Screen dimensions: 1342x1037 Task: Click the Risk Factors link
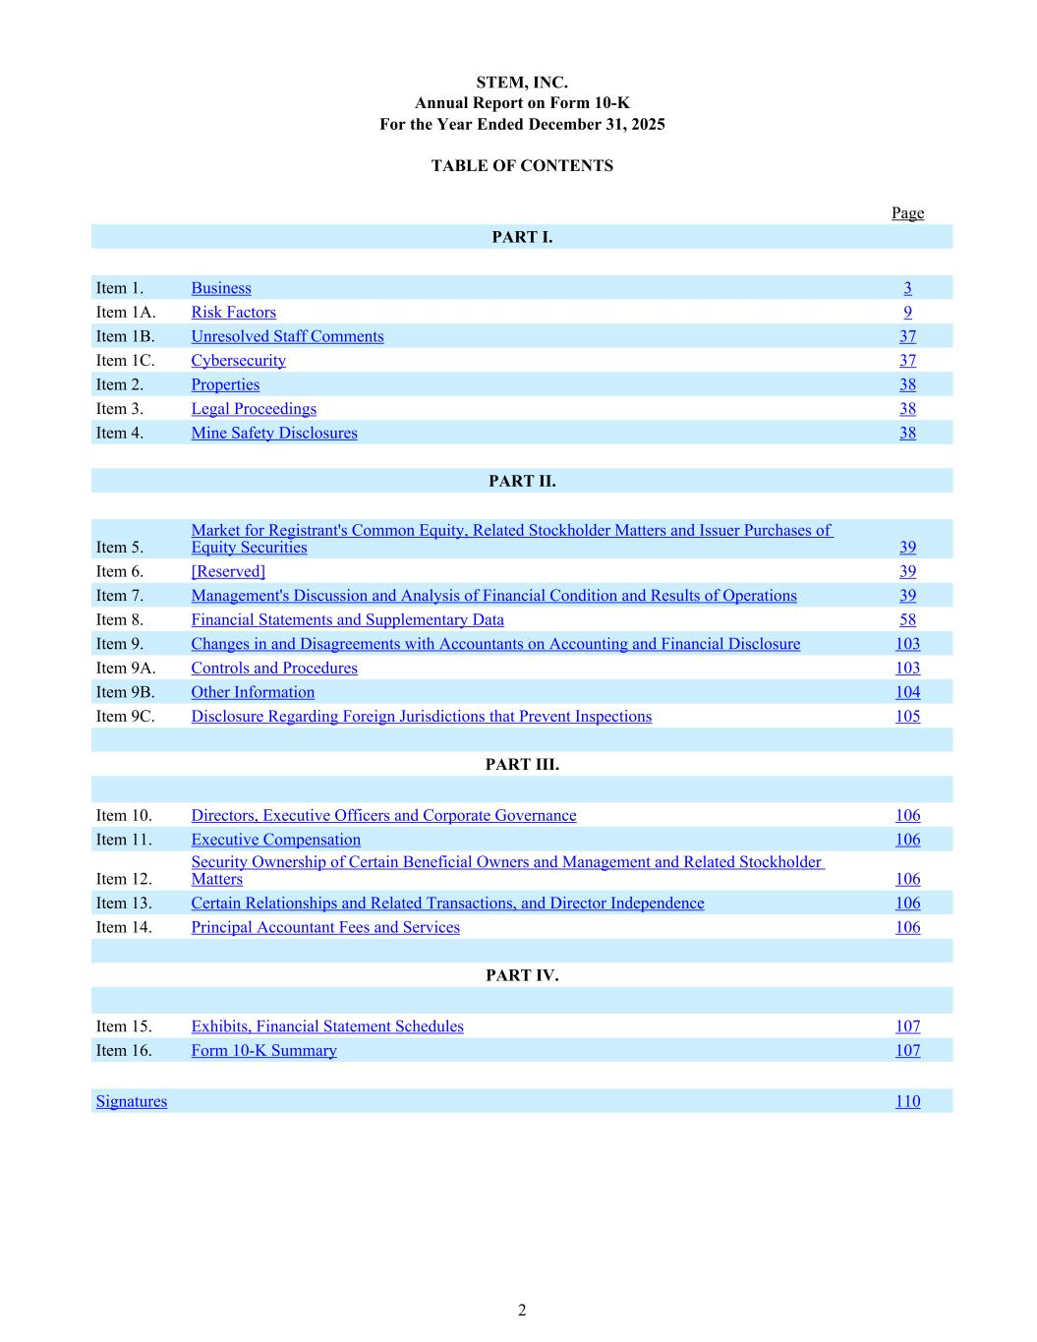click(x=233, y=313)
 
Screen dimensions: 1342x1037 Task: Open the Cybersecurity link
click(x=238, y=361)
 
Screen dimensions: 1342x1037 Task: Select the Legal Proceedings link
click(x=254, y=409)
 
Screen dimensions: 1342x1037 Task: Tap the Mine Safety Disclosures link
click(x=274, y=434)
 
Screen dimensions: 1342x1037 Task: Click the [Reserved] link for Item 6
click(x=228, y=572)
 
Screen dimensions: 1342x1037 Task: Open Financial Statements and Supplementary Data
click(x=347, y=620)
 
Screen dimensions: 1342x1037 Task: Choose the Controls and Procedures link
click(x=274, y=669)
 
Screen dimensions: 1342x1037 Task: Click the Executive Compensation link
click(x=275, y=841)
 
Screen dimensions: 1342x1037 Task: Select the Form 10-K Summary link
click(x=263, y=1051)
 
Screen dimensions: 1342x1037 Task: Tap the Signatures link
click(x=132, y=1102)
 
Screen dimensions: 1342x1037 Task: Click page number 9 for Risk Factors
click(x=907, y=313)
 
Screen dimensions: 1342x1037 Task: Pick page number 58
click(x=907, y=620)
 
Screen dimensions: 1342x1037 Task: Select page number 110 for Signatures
click(x=907, y=1102)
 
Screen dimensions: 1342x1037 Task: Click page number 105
click(x=907, y=717)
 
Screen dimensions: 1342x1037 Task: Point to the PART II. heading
click(x=522, y=482)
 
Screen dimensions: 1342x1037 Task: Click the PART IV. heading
click(x=522, y=976)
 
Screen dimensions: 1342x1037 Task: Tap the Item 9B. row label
click(x=125, y=693)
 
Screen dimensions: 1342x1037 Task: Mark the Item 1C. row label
click(x=125, y=361)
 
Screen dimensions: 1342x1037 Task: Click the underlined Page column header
click(x=907, y=213)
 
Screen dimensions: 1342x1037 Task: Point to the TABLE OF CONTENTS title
click(x=522, y=166)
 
